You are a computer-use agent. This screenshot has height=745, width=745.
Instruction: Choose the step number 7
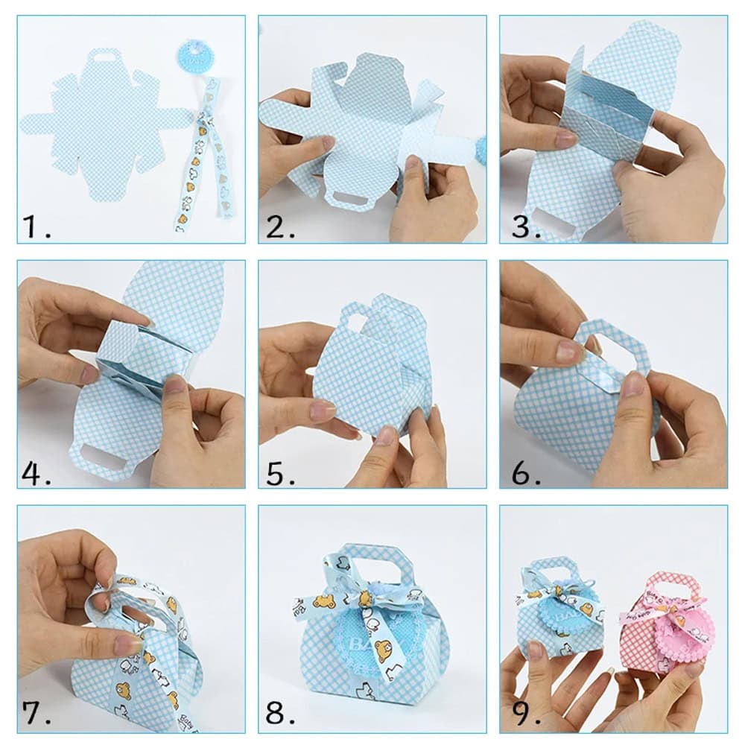click(x=37, y=713)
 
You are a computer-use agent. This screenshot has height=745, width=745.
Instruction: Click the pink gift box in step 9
click(x=663, y=626)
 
